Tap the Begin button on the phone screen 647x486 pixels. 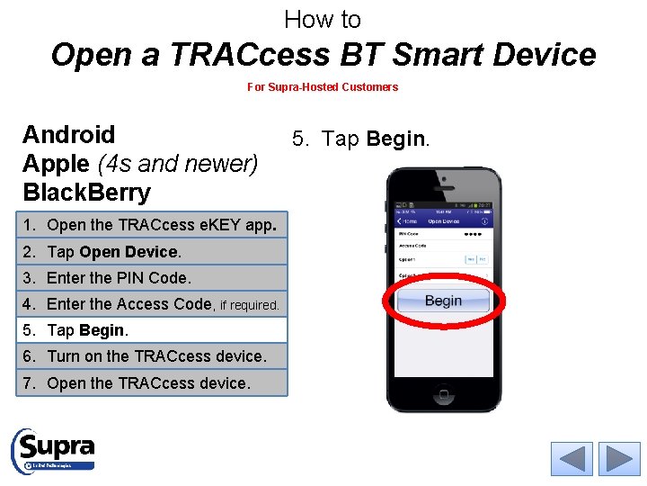tap(443, 301)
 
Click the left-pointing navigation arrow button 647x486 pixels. tap(572, 459)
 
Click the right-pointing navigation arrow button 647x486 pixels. tap(619, 459)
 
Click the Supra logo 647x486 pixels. tap(53, 449)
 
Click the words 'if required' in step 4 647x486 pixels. tap(250, 306)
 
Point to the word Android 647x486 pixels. tap(69, 135)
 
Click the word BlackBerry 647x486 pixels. tap(86, 193)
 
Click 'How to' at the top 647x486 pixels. tap(323, 19)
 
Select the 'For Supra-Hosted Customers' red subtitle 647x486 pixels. tap(323, 87)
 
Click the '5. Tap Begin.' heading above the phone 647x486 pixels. tap(360, 139)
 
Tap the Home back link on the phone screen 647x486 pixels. tap(407, 220)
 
